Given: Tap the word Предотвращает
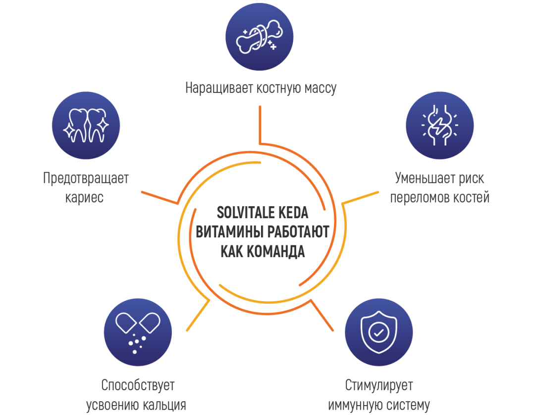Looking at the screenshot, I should click(86, 178).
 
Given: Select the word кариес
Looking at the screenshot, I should click(85, 198).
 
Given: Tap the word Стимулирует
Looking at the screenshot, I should click(378, 385).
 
